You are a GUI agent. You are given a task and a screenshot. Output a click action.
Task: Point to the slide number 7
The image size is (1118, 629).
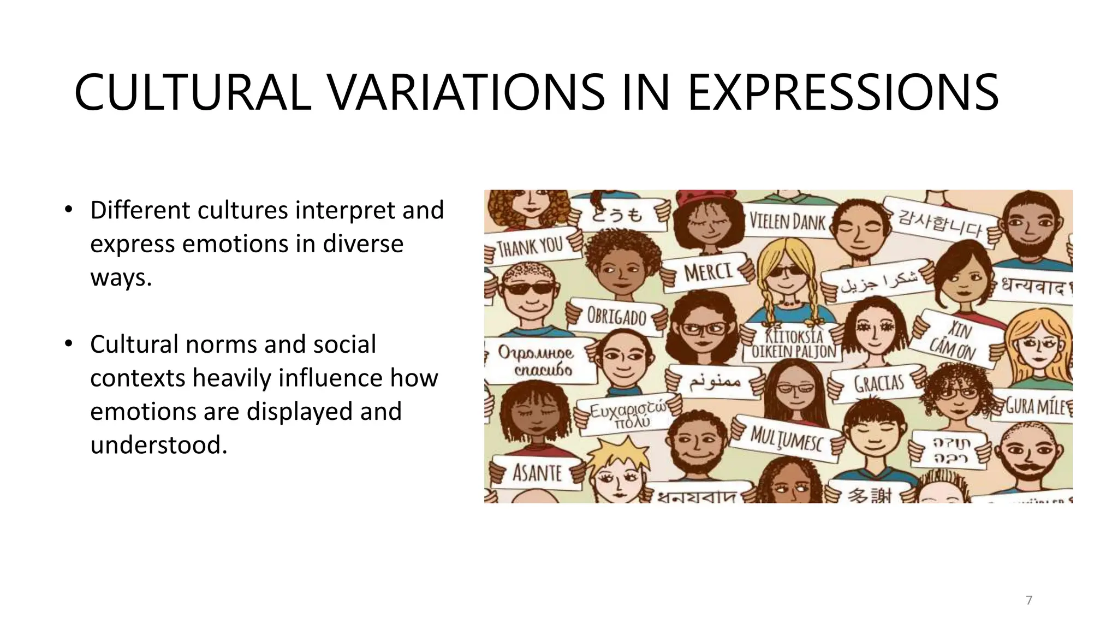[x=1029, y=600]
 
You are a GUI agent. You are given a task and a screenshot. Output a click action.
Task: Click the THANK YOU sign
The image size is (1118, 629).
[x=530, y=247]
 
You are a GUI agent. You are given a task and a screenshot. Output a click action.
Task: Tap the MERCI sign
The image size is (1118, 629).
[x=708, y=271]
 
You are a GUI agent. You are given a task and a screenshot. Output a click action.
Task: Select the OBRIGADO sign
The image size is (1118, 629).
[x=616, y=316]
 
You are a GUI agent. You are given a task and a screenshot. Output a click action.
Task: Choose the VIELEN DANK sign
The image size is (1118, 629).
[x=787, y=221]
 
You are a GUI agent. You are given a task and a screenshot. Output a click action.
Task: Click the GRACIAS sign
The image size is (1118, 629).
[x=879, y=383]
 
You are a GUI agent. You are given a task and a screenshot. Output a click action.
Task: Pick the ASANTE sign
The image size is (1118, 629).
[x=537, y=472]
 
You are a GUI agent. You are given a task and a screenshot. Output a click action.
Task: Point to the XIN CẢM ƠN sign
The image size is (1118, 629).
[x=953, y=340]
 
